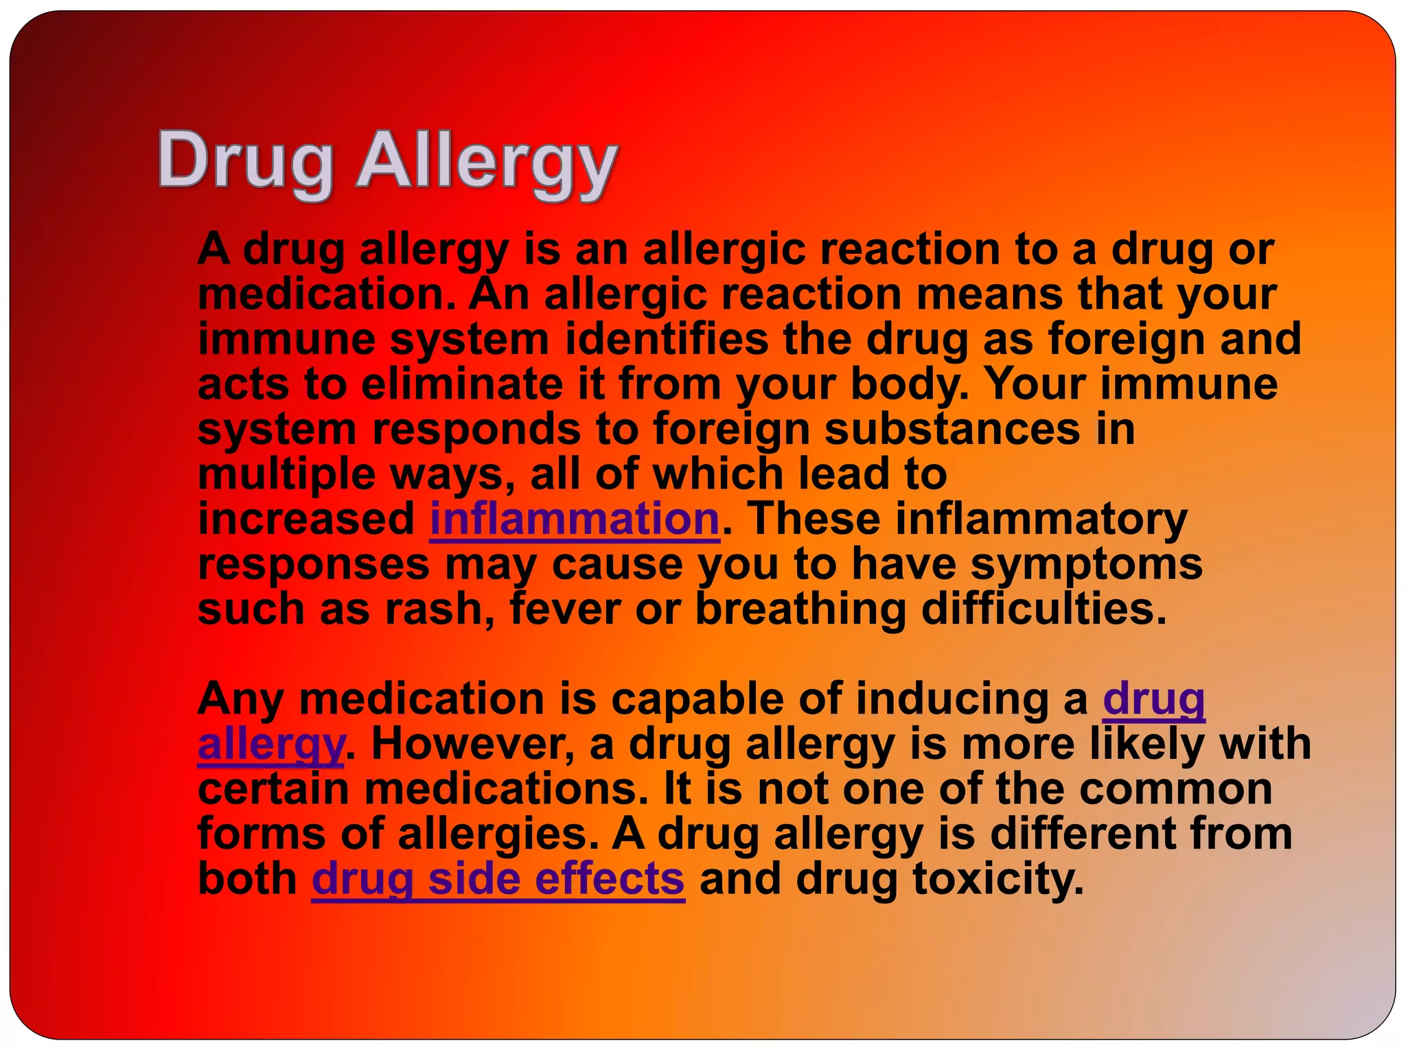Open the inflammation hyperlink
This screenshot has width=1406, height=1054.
tap(574, 519)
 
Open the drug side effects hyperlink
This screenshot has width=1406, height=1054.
tap(498, 879)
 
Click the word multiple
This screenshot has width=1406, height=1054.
tap(287, 475)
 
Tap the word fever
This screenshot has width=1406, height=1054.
tap(564, 609)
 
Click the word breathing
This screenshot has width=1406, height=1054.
tap(800, 610)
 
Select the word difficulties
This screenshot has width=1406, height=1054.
tap(1043, 609)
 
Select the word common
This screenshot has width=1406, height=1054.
tap(1175, 789)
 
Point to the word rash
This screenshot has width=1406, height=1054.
tap(439, 609)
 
